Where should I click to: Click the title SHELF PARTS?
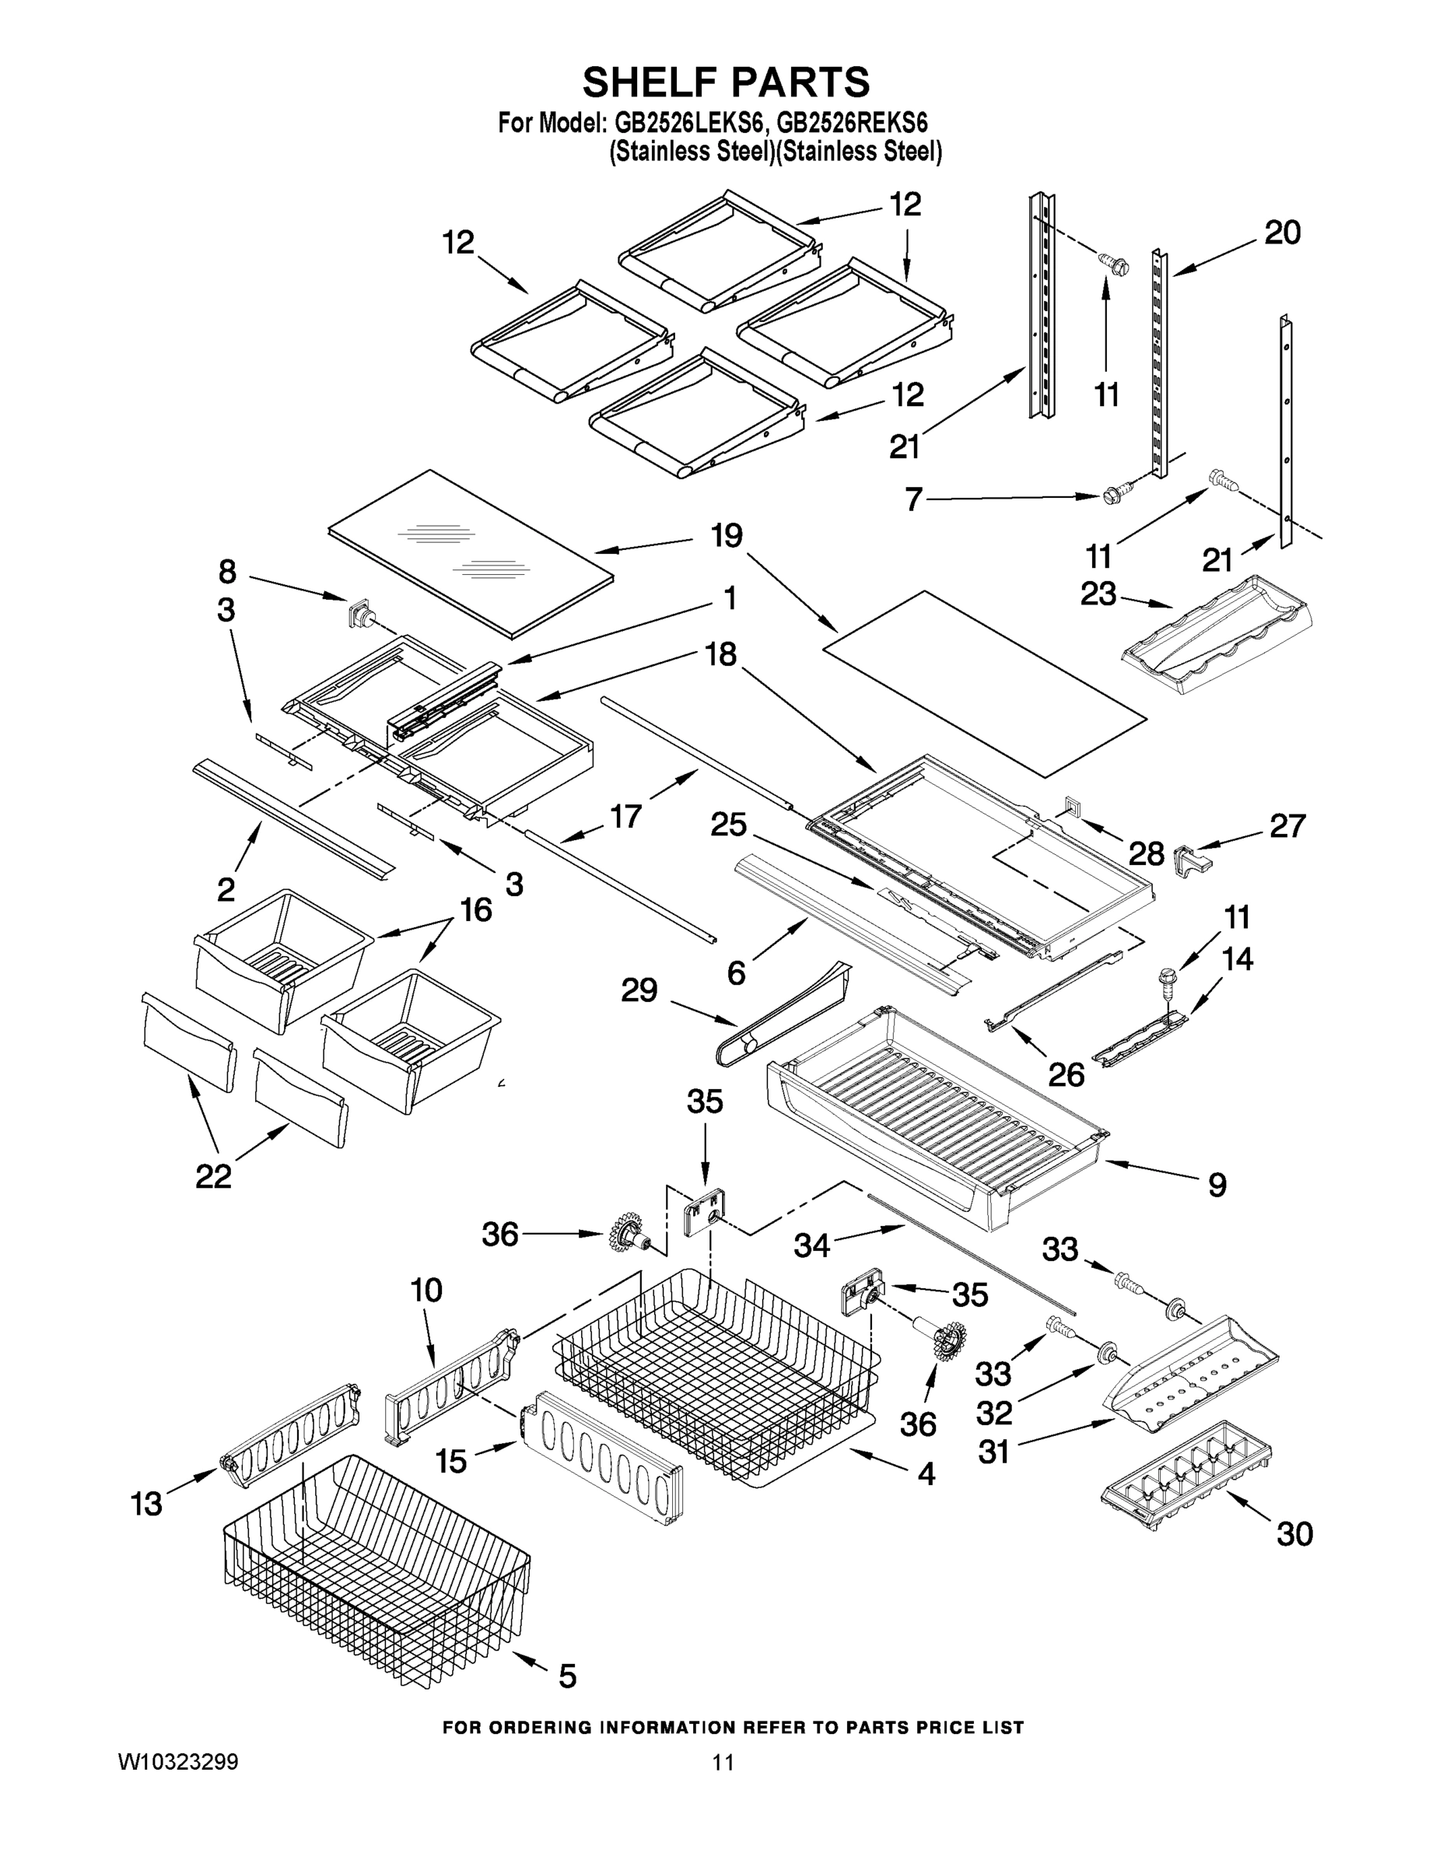click(x=726, y=83)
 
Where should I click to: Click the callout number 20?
click(x=1282, y=233)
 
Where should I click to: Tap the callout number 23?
click(x=1098, y=594)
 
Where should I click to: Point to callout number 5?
click(x=567, y=1676)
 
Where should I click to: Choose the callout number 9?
click(x=1217, y=1185)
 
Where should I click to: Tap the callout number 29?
click(x=639, y=990)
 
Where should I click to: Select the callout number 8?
click(x=226, y=571)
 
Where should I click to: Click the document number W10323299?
click(x=178, y=1786)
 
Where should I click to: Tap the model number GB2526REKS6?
click(x=853, y=123)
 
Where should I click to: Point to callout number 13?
click(x=146, y=1504)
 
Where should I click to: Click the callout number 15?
click(x=450, y=1461)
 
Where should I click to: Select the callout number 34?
click(x=811, y=1245)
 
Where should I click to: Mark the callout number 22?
click(x=213, y=1176)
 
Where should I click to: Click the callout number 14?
click(x=1237, y=959)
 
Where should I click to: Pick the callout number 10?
click(x=426, y=1290)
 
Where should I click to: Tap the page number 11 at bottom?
click(x=723, y=1786)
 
